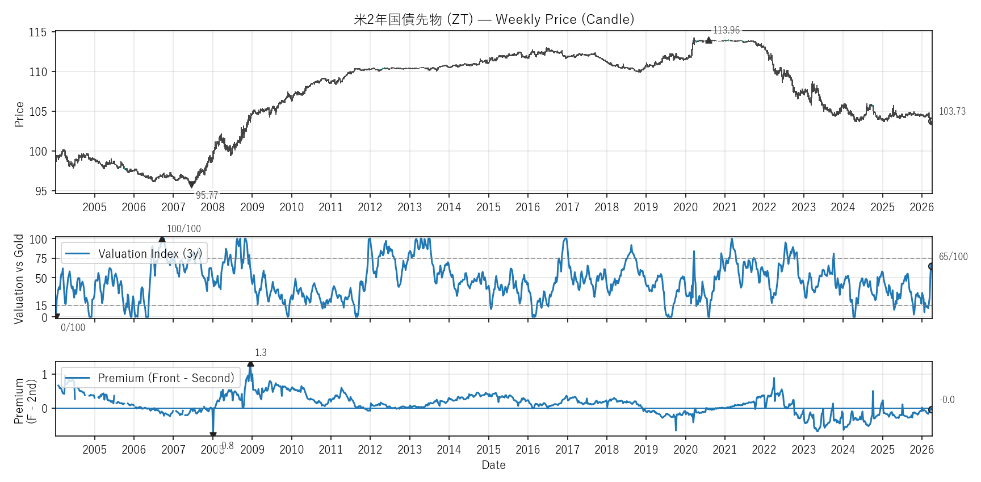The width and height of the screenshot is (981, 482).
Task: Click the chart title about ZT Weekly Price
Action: tap(493, 19)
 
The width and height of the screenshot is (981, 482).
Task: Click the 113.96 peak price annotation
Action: tap(726, 30)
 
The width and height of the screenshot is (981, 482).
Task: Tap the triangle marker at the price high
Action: tap(708, 40)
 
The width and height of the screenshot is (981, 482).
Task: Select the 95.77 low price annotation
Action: tap(207, 195)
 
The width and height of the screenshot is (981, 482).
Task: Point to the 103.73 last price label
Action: tap(952, 111)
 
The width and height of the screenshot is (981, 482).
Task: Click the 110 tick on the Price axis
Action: tap(38, 72)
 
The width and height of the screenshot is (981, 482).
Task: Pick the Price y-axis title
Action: tap(19, 114)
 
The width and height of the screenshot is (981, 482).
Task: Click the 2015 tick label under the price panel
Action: tap(488, 207)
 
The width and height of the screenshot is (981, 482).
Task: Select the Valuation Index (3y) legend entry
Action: tap(134, 254)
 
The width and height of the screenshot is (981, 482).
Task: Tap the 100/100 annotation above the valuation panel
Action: tap(183, 229)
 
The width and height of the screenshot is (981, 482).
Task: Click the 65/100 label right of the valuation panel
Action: tap(953, 257)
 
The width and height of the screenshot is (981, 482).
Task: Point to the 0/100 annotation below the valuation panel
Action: tap(73, 328)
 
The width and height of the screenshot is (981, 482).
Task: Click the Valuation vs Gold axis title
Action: tap(19, 279)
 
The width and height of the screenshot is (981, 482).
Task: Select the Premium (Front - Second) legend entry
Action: tap(150, 378)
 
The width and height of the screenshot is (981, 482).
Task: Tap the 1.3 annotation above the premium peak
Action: tap(261, 353)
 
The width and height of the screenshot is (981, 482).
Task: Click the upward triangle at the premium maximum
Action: tap(250, 364)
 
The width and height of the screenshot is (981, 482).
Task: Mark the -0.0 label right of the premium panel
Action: tap(946, 400)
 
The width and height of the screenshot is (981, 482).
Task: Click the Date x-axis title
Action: tap(493, 465)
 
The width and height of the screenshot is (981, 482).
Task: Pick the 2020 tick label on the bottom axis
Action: tap(685, 450)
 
